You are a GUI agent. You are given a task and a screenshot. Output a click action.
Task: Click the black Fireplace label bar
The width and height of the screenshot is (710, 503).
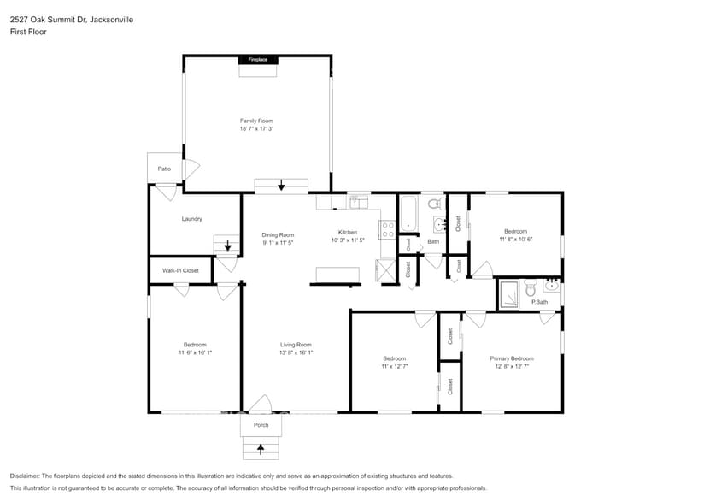[x=257, y=60]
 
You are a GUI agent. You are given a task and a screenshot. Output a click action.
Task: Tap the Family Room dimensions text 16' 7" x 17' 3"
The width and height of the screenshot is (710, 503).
[x=256, y=128]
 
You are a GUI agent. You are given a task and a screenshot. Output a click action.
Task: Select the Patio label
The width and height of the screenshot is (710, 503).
[x=164, y=169]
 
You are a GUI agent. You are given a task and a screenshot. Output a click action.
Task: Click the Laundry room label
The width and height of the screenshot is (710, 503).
[x=191, y=219]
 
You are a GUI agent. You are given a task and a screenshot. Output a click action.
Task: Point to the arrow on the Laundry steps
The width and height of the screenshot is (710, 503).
[x=227, y=246]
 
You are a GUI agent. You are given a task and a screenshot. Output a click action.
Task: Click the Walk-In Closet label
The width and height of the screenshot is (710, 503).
[x=180, y=270]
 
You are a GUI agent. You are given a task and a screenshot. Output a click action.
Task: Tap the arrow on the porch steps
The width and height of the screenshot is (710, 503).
[x=261, y=447]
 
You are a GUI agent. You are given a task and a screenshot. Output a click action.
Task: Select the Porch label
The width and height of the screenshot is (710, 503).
[x=261, y=425]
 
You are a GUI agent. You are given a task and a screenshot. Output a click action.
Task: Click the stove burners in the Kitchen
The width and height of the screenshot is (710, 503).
[x=387, y=228]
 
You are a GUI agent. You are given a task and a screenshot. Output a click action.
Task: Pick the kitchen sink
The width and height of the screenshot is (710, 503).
[x=358, y=203]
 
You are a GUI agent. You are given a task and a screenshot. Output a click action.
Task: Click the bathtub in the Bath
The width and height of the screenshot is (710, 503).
[x=408, y=213]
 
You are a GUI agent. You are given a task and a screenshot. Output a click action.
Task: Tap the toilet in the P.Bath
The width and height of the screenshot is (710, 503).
[x=530, y=289]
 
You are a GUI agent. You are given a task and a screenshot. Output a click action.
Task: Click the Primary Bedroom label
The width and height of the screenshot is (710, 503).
[x=511, y=358]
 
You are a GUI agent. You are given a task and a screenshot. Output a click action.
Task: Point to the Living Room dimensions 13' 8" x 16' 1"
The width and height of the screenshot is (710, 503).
[x=296, y=352]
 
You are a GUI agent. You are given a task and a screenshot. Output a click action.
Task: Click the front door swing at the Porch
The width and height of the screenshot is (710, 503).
[x=261, y=403]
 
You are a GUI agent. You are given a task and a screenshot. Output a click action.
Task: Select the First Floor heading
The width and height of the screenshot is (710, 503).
[x=29, y=32]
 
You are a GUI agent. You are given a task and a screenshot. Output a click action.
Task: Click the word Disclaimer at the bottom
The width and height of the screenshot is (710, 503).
[x=27, y=476]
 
